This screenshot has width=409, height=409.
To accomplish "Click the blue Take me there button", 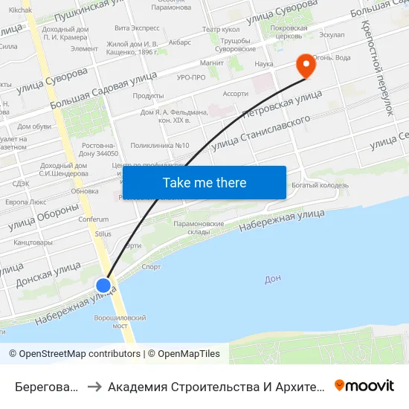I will [x=204, y=182].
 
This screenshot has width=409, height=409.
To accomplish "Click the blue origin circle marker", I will [x=103, y=285].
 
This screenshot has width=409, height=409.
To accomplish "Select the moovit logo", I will [x=364, y=385].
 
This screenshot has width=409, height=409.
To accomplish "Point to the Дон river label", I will [x=273, y=280].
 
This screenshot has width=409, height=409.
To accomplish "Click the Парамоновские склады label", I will [x=199, y=227].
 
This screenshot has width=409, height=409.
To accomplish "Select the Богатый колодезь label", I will [x=321, y=185].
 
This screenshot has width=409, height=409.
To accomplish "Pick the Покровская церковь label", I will [x=289, y=31].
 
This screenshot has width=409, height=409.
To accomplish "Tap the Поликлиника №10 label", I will [x=160, y=145].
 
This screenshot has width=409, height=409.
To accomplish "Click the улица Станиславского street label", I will [x=260, y=135].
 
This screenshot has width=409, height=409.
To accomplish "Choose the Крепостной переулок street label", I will [x=376, y=68].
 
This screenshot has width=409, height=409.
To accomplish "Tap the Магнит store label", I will [x=212, y=62].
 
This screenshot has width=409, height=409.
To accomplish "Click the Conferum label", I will [x=94, y=219].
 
